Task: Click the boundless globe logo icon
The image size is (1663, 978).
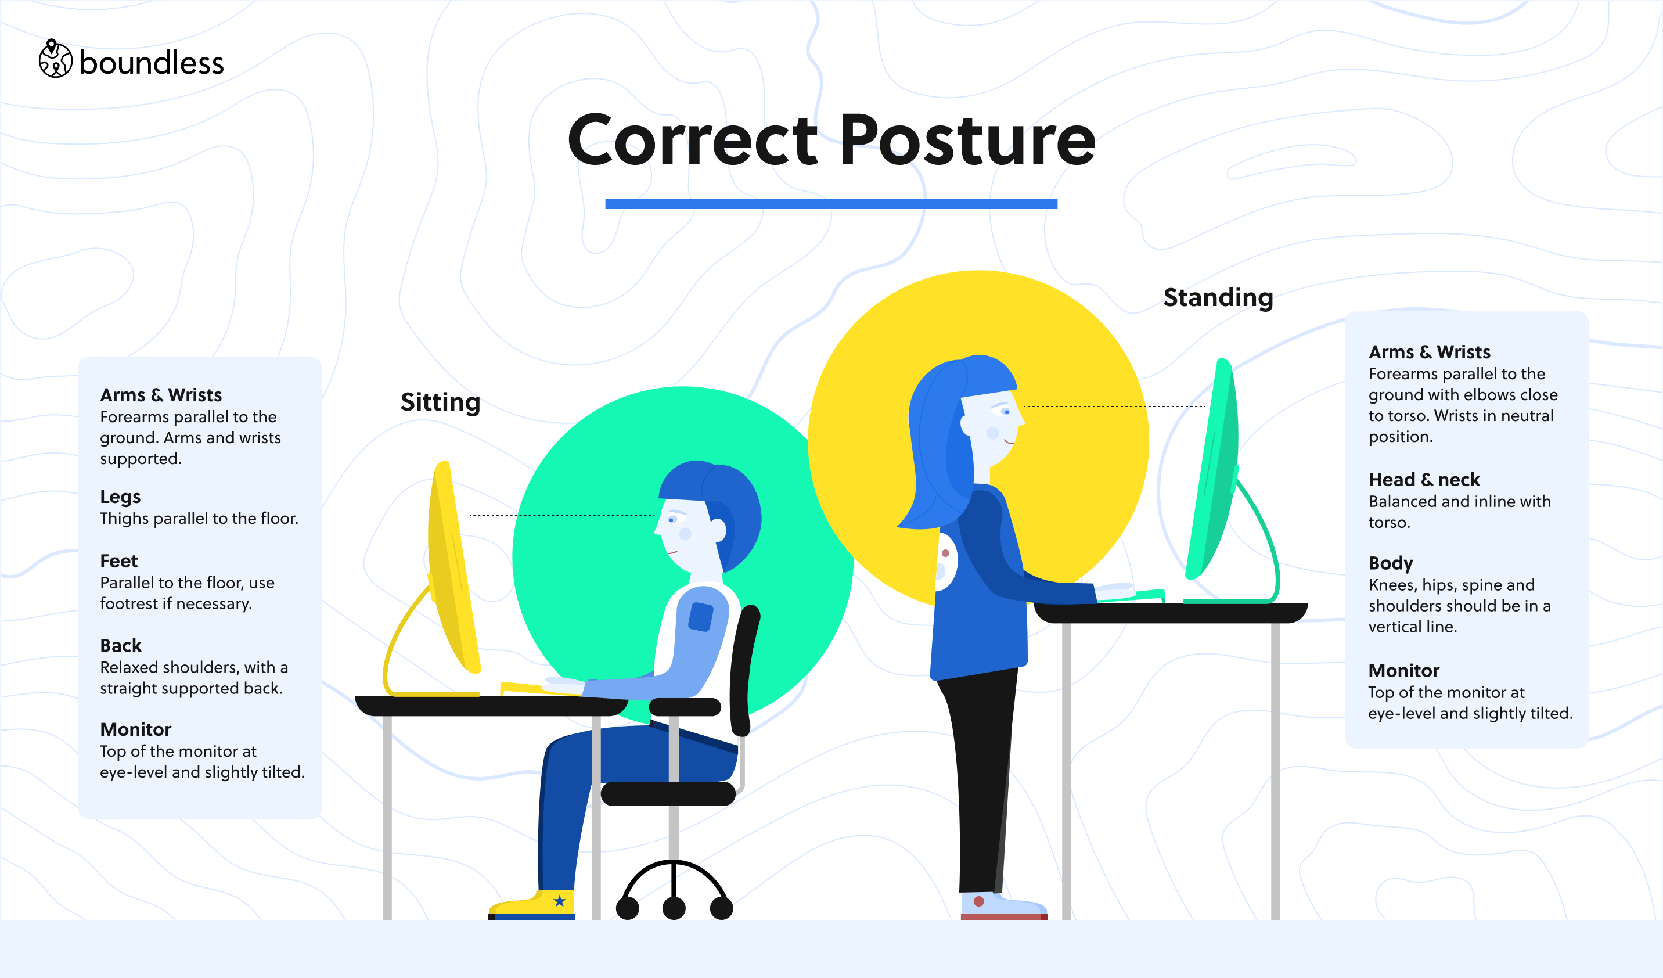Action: (x=55, y=59)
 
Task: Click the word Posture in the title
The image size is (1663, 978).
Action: (x=967, y=140)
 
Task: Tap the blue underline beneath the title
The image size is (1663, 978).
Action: (x=831, y=204)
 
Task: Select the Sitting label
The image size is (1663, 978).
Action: (x=440, y=402)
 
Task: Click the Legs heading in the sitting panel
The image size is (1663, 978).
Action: (x=120, y=497)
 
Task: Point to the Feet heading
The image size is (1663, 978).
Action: (x=119, y=561)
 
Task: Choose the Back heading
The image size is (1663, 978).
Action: (x=121, y=645)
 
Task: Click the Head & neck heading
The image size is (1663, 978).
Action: (x=1423, y=480)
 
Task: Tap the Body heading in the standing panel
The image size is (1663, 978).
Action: (x=1391, y=563)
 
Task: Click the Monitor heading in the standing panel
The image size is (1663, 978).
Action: (x=1403, y=670)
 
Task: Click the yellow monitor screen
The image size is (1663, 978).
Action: (x=453, y=567)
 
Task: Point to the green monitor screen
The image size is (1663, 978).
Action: (x=1212, y=469)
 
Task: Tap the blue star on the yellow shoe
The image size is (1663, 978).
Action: (x=560, y=901)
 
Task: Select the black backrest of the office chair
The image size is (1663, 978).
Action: (x=745, y=670)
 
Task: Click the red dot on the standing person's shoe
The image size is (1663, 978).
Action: (x=978, y=901)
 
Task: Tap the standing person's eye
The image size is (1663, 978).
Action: (x=1006, y=412)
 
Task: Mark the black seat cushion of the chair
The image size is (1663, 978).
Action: (x=668, y=793)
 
